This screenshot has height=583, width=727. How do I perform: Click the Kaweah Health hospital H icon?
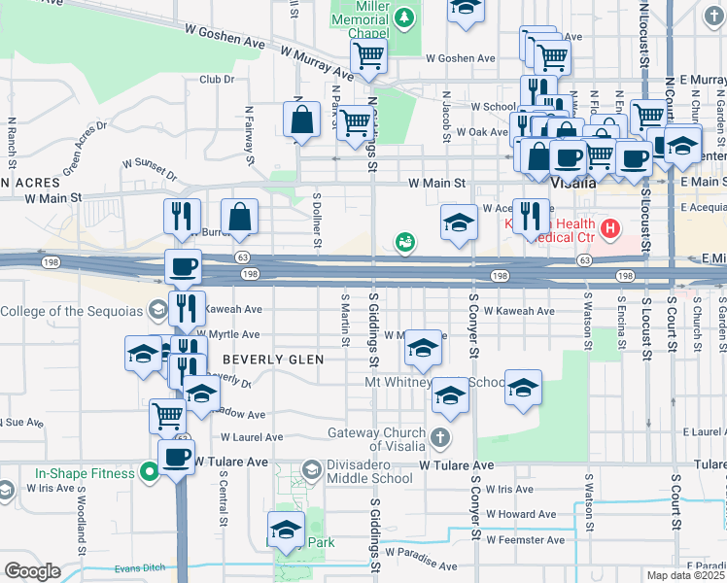click(x=609, y=229)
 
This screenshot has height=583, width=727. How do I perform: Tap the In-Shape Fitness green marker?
click(x=149, y=473)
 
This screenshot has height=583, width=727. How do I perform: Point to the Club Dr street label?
click(x=217, y=80)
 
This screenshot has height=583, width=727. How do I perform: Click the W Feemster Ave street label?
click(x=525, y=539)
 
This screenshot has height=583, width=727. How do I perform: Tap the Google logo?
click(x=32, y=570)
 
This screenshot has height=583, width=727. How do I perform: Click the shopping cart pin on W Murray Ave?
click(x=368, y=56)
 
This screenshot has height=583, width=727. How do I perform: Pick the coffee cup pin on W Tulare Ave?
click(x=176, y=457)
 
